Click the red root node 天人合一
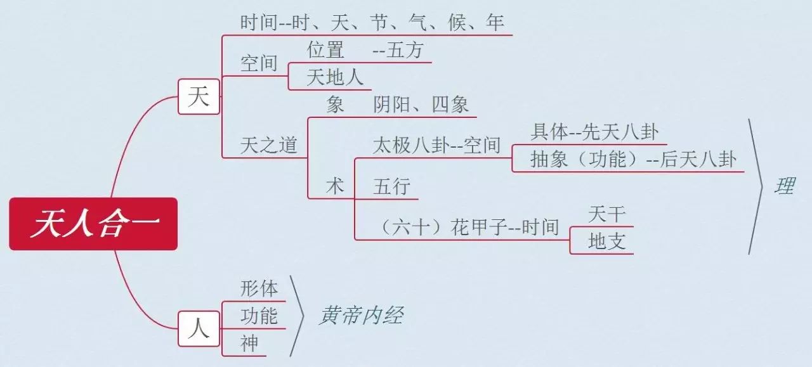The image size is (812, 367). tap(93, 224)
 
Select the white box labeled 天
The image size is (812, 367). tap(199, 97)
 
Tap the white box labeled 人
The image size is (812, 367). tap(199, 329)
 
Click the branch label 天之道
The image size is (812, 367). tap(268, 145)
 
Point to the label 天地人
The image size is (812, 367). tap(335, 77)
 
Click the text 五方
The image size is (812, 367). tap(405, 49)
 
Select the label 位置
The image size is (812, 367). tap(325, 49)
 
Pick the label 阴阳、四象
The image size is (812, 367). tap(421, 105)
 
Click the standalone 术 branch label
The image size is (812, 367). tap(335, 186)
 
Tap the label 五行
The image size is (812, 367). tap(392, 186)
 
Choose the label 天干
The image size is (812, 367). tap(607, 214)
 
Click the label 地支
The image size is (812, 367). tap(607, 241)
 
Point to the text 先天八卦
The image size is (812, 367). tap(620, 131)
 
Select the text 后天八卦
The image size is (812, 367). tap(698, 159)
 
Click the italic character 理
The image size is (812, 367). tap(785, 186)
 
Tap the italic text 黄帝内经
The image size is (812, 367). tap(362, 315)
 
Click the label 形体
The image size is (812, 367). tap(259, 289)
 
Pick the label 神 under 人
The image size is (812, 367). tap(249, 344)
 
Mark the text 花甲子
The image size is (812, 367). tap(479, 228)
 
